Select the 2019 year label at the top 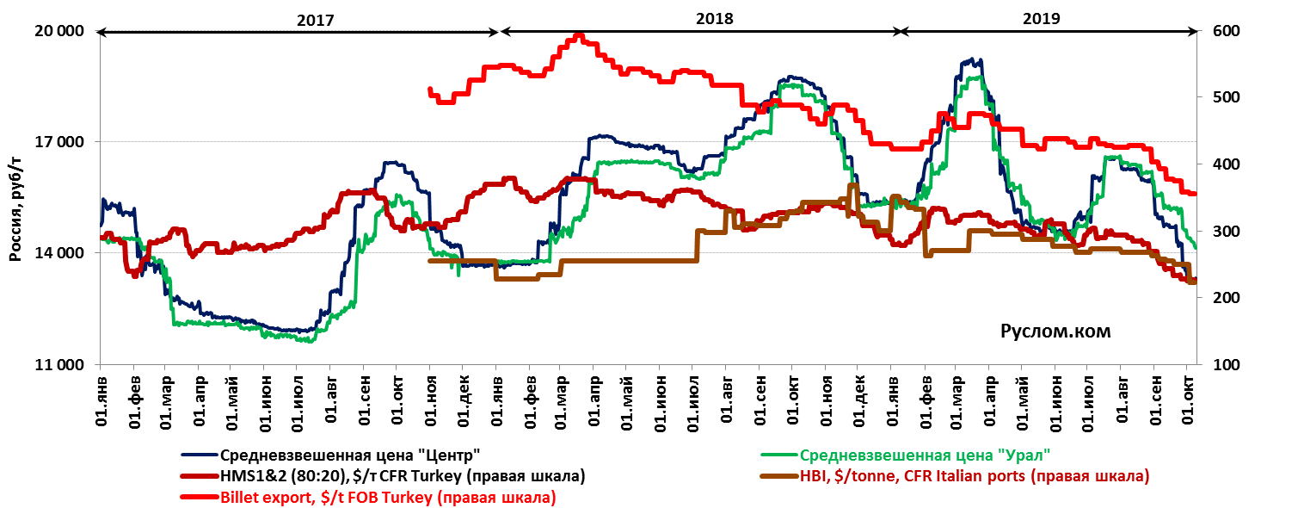[x=1043, y=18]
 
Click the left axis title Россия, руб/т [x=15, y=198]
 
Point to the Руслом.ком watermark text [x=1055, y=331]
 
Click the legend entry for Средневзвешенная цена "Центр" [x=349, y=455]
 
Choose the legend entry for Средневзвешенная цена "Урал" [x=926, y=455]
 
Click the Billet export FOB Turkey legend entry [x=387, y=497]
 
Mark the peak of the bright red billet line [x=579, y=36]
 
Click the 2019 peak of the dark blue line [x=971, y=60]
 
